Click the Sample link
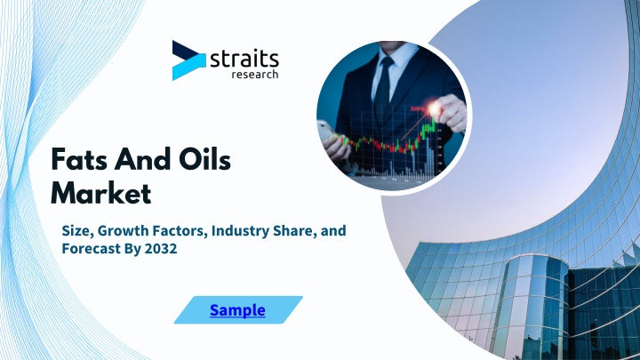point(237,310)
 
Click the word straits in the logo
point(244,60)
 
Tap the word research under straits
point(255,75)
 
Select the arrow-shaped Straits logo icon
point(189,60)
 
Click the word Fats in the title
point(80,160)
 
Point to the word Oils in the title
point(204,159)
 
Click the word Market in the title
point(100,193)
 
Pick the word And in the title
point(143,159)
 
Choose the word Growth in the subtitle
point(124,230)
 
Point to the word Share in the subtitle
point(294,230)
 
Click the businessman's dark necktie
point(383,84)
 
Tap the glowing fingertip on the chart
point(435,109)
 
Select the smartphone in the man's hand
point(327,132)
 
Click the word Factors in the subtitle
point(180,230)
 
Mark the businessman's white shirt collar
point(393,56)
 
